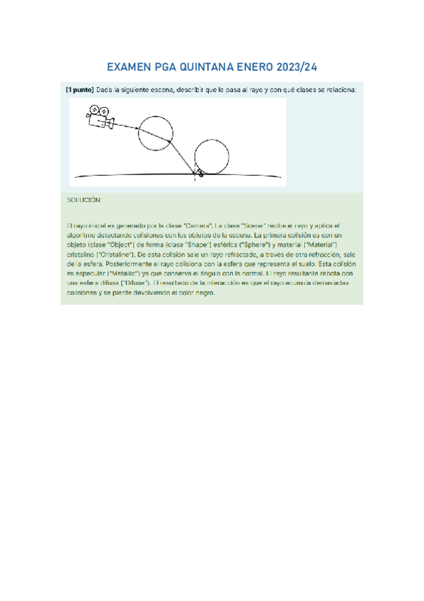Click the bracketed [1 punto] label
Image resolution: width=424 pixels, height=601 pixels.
click(x=79, y=91)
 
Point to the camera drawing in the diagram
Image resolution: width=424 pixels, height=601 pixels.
click(x=101, y=117)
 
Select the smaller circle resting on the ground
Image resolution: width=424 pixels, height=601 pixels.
click(x=211, y=157)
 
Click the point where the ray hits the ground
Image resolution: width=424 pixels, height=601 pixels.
click(x=196, y=173)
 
